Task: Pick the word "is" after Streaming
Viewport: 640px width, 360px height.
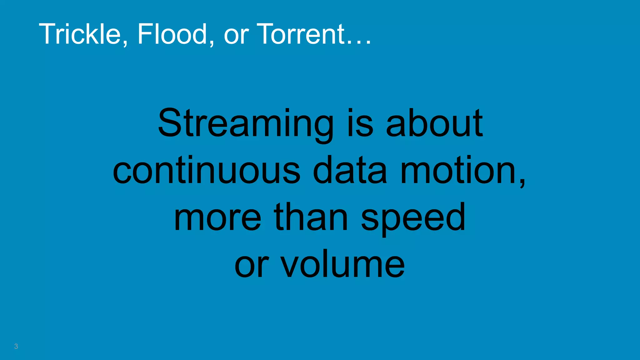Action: [x=360, y=123]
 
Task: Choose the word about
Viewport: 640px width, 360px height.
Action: [x=434, y=123]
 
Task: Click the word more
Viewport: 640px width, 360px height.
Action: [x=217, y=217]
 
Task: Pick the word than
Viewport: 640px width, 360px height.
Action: [x=311, y=217]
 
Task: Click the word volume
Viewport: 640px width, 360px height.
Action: [x=342, y=264]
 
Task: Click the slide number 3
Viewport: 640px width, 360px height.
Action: [x=16, y=346]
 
